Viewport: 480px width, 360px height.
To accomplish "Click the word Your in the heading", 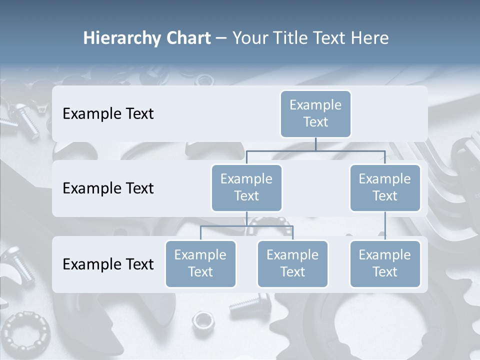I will point(250,38).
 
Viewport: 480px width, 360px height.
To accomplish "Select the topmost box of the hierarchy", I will point(315,113).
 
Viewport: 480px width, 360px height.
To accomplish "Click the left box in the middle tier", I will point(246,187).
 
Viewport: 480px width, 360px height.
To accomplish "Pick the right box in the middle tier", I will point(385,187).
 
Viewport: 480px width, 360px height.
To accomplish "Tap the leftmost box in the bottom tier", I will point(200,263).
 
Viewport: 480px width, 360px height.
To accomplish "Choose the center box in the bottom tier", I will point(292,263).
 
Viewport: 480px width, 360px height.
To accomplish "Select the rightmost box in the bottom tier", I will point(385,263).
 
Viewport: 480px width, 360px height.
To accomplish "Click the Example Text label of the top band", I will point(108,113).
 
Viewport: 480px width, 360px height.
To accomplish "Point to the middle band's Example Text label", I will point(108,188).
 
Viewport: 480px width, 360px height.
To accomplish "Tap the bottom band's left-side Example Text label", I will point(108,264).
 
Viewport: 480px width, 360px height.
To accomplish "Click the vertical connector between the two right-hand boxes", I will point(385,225).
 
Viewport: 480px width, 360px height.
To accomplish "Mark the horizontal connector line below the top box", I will point(315,150).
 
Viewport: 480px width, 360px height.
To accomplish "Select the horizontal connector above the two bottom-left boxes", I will point(246,226).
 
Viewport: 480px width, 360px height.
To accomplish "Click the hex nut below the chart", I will point(203,319).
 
